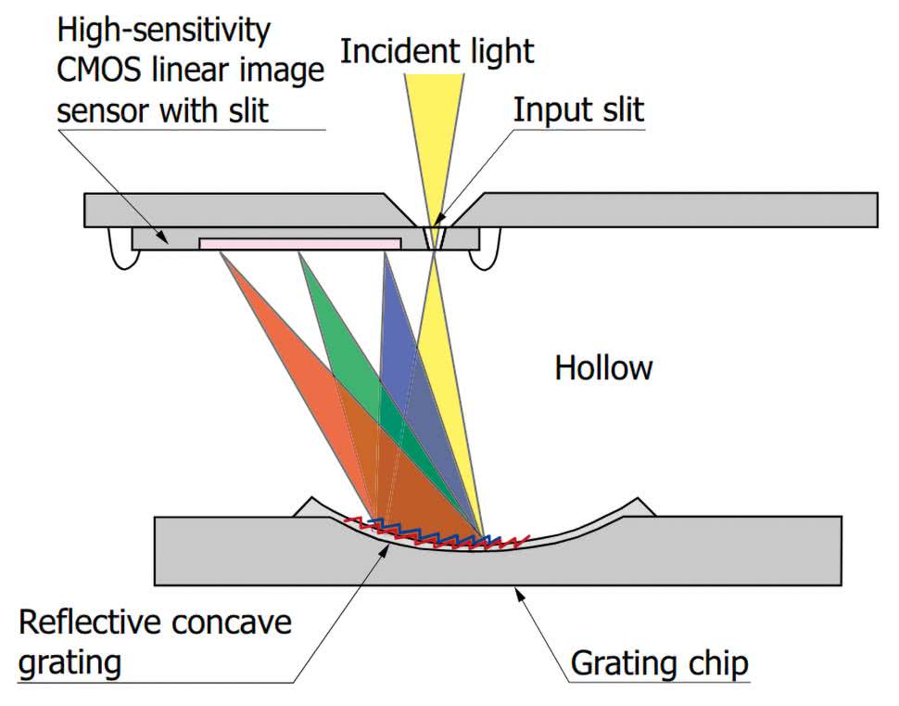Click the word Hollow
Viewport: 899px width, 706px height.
pyautogui.click(x=603, y=368)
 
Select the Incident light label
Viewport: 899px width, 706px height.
pyautogui.click(x=437, y=51)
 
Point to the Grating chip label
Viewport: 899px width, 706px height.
pyautogui.click(x=659, y=664)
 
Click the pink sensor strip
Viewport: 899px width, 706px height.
pyautogui.click(x=299, y=242)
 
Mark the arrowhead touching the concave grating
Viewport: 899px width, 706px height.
pyautogui.click(x=386, y=547)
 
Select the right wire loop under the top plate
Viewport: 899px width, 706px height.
pyautogui.click(x=488, y=250)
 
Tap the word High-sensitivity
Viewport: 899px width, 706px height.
pyautogui.click(x=164, y=31)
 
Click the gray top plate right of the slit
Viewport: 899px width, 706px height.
pyautogui.click(x=677, y=209)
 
